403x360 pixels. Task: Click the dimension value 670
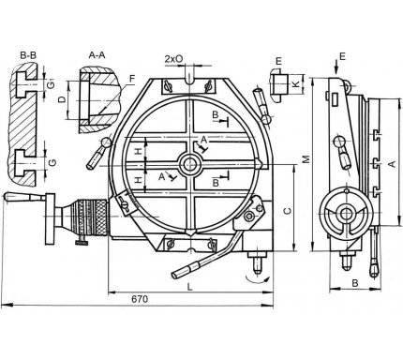(140, 299)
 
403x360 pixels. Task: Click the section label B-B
(28, 55)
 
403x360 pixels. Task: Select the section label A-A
(97, 55)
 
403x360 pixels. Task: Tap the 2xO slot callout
(173, 59)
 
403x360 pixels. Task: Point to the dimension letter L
(190, 287)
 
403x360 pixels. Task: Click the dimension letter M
(306, 159)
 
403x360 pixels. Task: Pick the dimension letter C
(287, 210)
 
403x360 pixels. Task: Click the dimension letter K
(296, 83)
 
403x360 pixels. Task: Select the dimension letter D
(63, 99)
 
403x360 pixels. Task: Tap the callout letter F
(132, 79)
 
